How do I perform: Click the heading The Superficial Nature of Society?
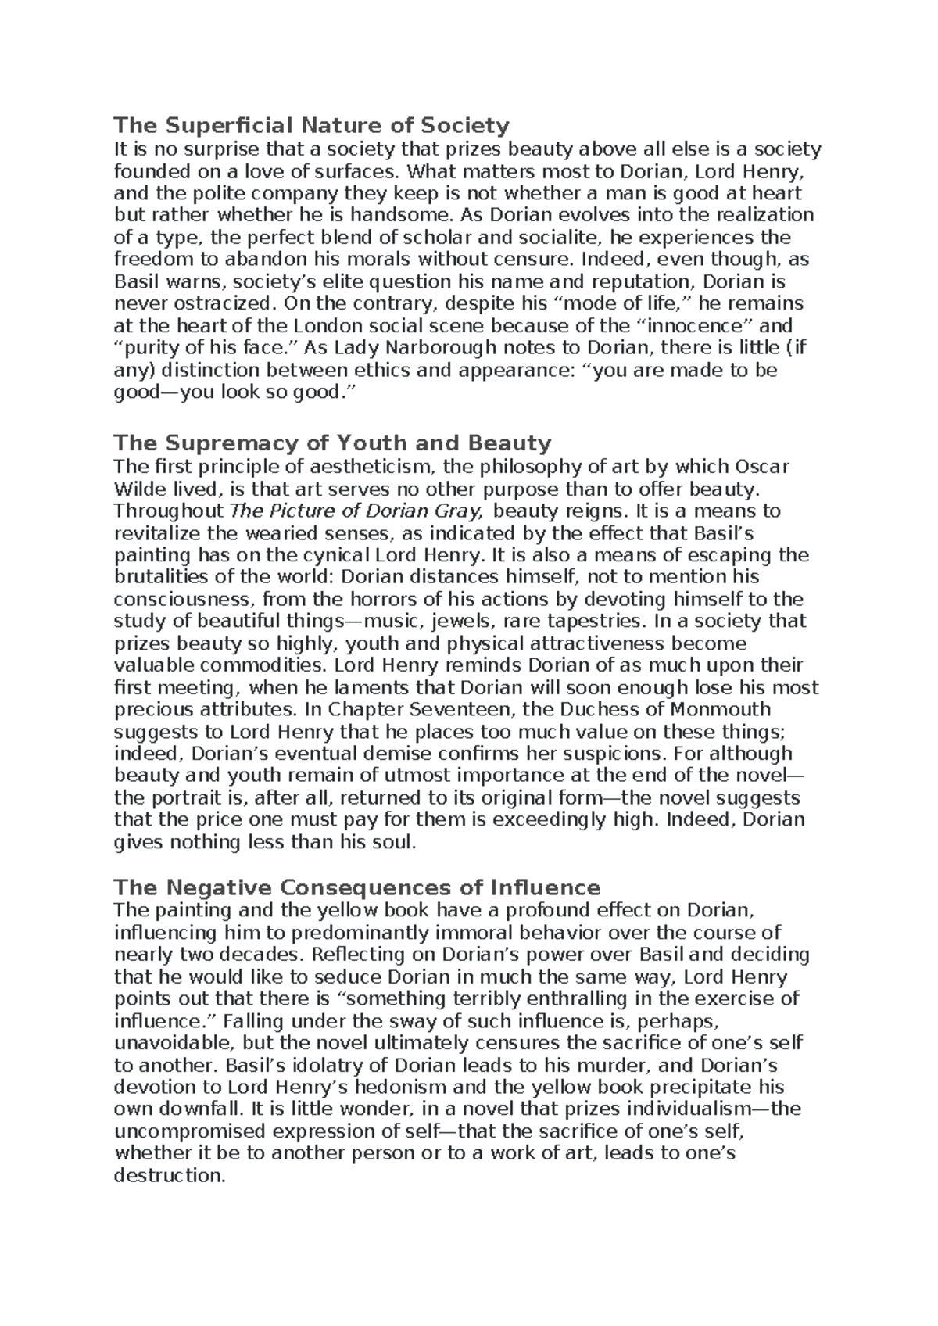click(311, 125)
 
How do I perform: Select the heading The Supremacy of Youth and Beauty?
click(332, 443)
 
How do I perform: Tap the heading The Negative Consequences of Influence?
click(356, 887)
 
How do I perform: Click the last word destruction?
click(167, 1175)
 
